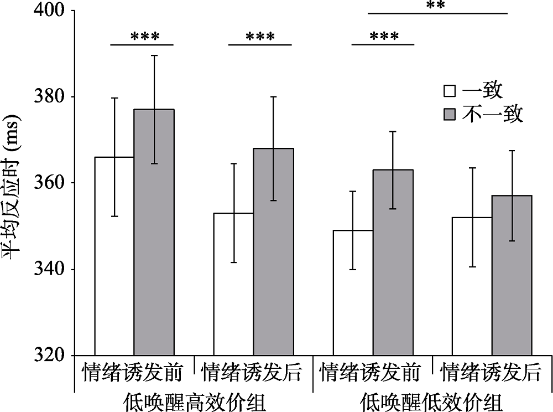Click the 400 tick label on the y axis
click(49, 11)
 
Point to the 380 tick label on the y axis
click(49, 97)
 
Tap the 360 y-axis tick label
click(49, 183)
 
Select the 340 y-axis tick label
click(49, 270)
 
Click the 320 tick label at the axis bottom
click(49, 355)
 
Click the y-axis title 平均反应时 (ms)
click(12, 183)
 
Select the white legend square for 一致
click(449, 91)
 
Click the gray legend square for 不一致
click(449, 115)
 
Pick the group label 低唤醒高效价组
click(194, 400)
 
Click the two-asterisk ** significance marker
click(436, 6)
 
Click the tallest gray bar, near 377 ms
click(154, 233)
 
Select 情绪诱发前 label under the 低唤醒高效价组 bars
click(133, 372)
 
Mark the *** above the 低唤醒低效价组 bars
click(383, 37)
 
